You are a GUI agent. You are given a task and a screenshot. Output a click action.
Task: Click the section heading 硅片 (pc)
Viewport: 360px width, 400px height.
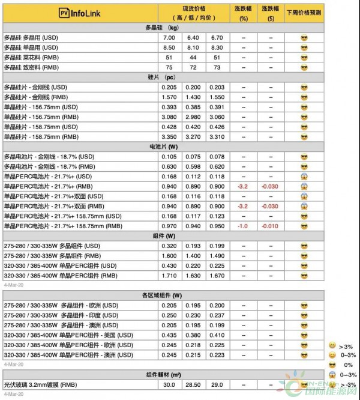point(161,77)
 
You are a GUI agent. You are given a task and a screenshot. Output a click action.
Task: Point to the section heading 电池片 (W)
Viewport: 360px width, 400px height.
point(161,147)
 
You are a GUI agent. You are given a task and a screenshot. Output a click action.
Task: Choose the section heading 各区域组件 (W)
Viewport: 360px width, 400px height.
point(161,295)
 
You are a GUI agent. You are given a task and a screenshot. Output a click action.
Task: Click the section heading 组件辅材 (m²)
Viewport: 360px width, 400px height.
point(161,374)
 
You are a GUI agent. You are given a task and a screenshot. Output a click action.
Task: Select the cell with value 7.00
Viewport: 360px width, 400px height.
point(170,38)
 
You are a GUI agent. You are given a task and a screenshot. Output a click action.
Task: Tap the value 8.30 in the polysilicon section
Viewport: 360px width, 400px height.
point(217,47)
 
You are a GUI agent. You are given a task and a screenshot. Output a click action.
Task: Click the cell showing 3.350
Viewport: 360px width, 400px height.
point(170,137)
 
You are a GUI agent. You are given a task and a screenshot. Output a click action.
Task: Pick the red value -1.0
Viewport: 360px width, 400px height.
point(243,226)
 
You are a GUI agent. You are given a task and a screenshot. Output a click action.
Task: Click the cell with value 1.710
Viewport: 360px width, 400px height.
point(170,275)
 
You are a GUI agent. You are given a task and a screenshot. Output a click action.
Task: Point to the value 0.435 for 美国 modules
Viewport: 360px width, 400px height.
point(170,335)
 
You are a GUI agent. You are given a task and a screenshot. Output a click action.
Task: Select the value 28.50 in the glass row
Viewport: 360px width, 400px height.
point(193,384)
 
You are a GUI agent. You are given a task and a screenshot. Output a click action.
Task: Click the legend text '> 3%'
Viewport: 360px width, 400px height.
point(347,346)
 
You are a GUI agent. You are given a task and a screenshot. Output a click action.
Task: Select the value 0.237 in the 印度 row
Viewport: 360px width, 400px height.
point(217,315)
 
